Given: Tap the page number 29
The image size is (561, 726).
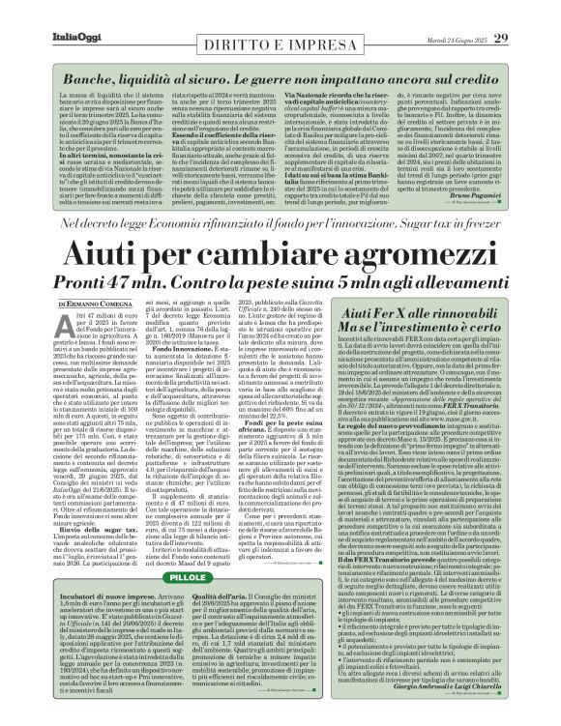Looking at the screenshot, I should point(531,11).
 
